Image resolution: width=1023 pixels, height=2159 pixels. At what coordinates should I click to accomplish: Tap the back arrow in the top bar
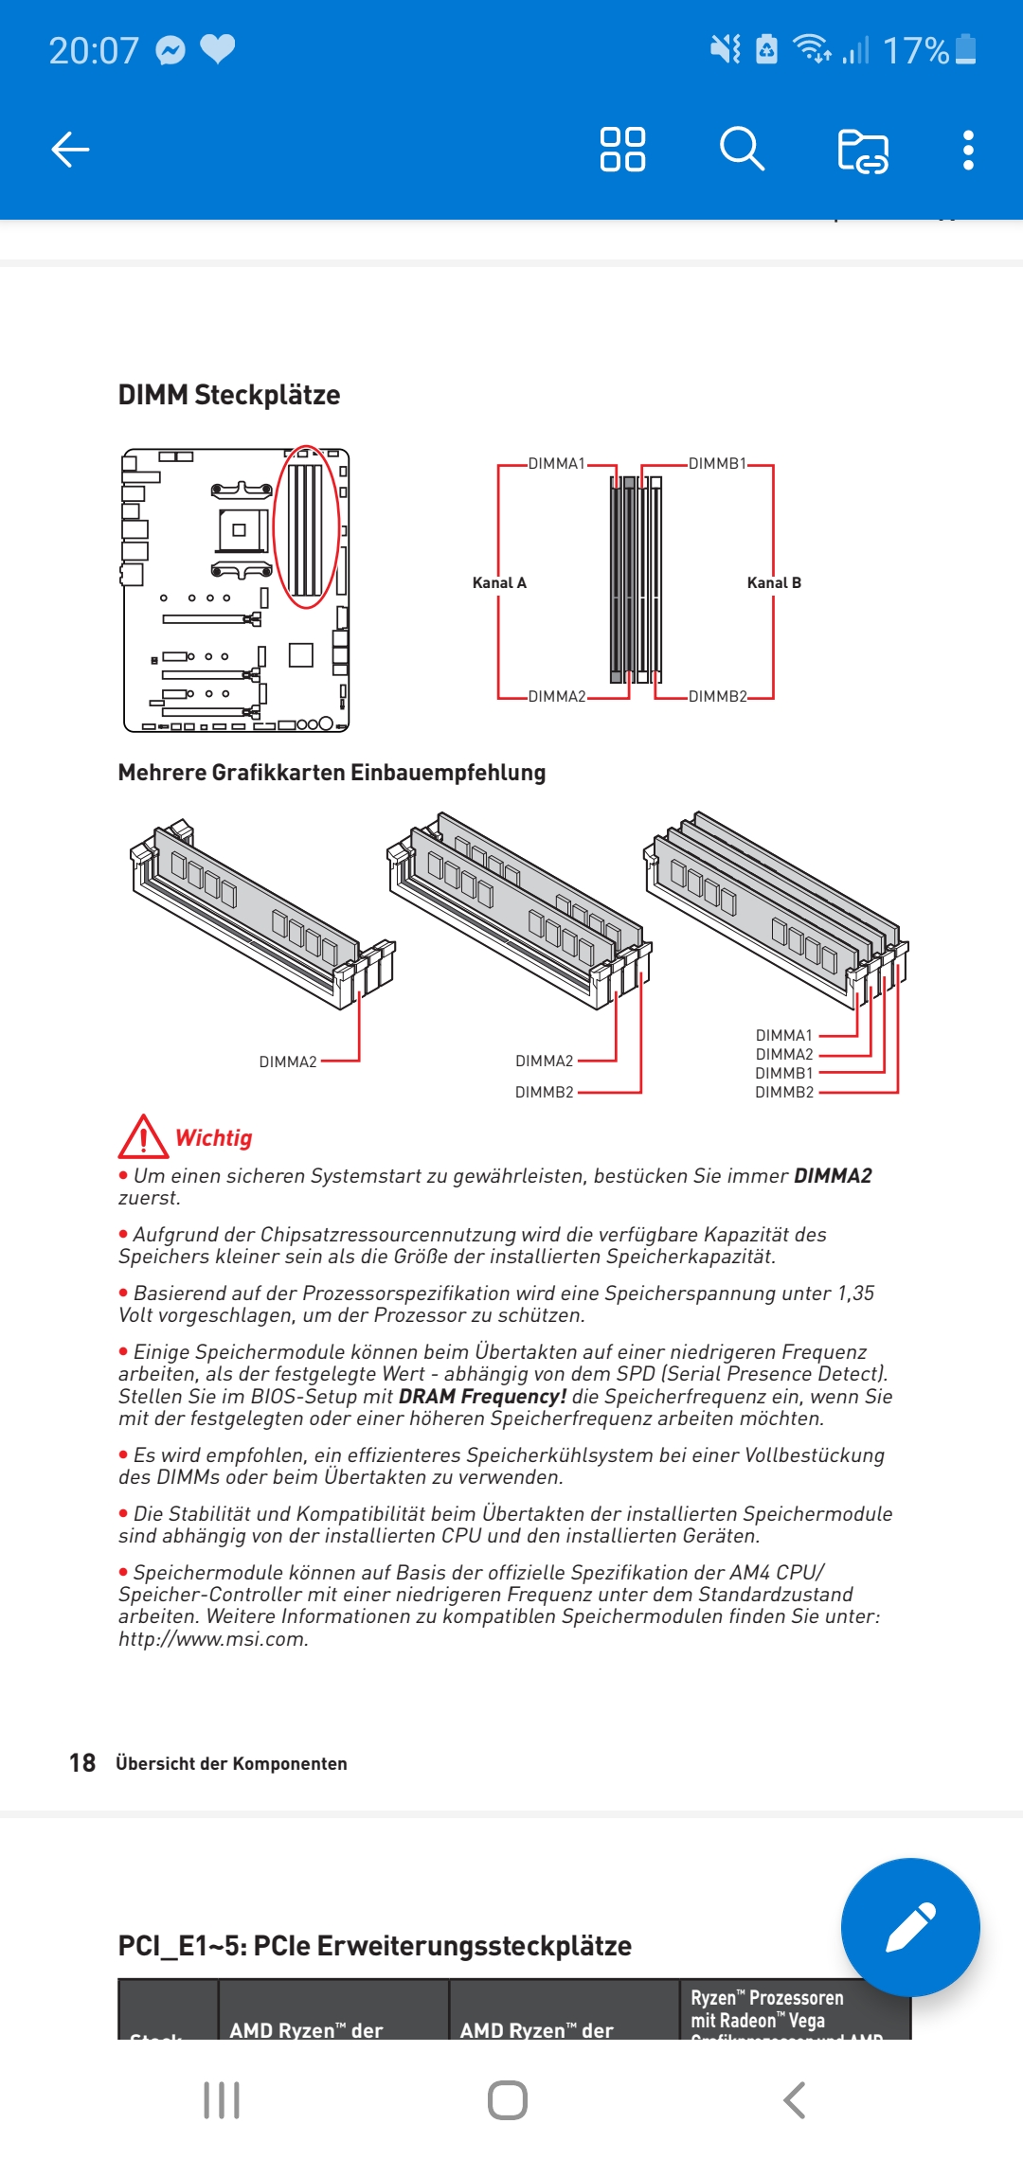coord(70,150)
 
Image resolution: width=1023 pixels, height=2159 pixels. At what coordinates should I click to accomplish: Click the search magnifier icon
coord(742,150)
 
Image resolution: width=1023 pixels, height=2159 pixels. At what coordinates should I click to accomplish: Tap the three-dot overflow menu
coord(967,150)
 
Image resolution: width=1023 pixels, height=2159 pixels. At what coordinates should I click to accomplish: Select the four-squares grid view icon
coord(622,150)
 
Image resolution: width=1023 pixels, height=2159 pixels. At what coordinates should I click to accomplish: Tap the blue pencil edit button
coord(910,1927)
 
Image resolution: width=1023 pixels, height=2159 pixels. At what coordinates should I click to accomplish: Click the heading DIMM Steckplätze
coord(229,395)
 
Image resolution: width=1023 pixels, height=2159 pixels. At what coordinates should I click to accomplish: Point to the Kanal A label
coord(499,583)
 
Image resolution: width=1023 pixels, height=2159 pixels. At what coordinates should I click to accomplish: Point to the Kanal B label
coord(774,583)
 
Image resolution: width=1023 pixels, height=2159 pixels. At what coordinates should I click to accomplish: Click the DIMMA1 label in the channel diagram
coord(556,464)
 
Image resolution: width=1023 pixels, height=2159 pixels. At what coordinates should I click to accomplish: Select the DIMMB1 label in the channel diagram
coord(717,464)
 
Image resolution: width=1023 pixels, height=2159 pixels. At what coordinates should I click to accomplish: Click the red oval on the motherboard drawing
coord(306,526)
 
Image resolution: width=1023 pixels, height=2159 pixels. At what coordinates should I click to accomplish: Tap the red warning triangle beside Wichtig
coord(143,1137)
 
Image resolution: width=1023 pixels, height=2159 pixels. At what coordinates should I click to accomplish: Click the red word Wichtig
coord(214,1138)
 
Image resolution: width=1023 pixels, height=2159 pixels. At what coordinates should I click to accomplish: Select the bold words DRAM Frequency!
coord(482,1397)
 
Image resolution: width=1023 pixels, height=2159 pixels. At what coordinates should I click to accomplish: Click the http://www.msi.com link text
coord(213,1639)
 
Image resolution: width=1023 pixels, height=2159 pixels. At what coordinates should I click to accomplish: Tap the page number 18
coord(82,1763)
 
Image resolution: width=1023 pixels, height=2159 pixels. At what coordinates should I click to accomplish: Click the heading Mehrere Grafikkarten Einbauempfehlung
coord(332,773)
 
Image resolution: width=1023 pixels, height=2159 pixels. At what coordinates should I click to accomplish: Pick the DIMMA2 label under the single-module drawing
coord(288,1062)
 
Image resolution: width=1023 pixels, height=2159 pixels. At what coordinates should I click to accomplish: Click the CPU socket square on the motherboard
coord(241,530)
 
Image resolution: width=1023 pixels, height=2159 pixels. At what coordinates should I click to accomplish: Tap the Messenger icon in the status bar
coord(170,50)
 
